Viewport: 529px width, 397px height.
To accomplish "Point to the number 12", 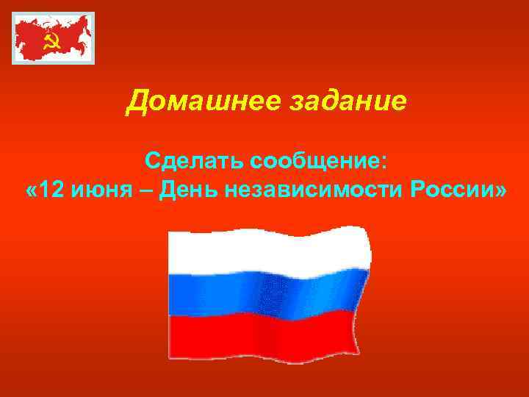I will [52, 191].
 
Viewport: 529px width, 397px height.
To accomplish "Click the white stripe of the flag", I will [268, 250].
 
